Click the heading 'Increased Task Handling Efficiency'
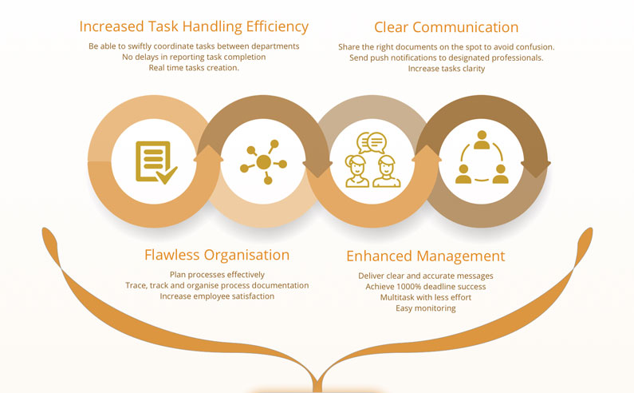click(x=194, y=26)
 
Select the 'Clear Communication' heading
click(x=446, y=27)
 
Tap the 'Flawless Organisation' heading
click(x=217, y=256)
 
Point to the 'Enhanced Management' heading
click(x=425, y=256)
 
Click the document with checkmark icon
click(x=156, y=162)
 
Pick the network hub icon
click(x=264, y=162)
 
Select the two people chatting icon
click(x=372, y=160)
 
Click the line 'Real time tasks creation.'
click(x=194, y=68)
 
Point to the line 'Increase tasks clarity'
click(x=447, y=69)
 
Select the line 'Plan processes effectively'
click(x=217, y=275)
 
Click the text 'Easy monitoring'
click(x=425, y=308)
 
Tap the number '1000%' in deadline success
click(x=409, y=287)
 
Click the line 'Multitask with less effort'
click(x=425, y=297)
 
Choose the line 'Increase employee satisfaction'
click(x=217, y=296)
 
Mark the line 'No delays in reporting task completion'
click(x=194, y=58)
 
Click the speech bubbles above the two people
click(x=372, y=143)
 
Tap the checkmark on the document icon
click(x=167, y=175)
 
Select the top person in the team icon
click(x=482, y=139)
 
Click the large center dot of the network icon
click(x=264, y=162)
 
